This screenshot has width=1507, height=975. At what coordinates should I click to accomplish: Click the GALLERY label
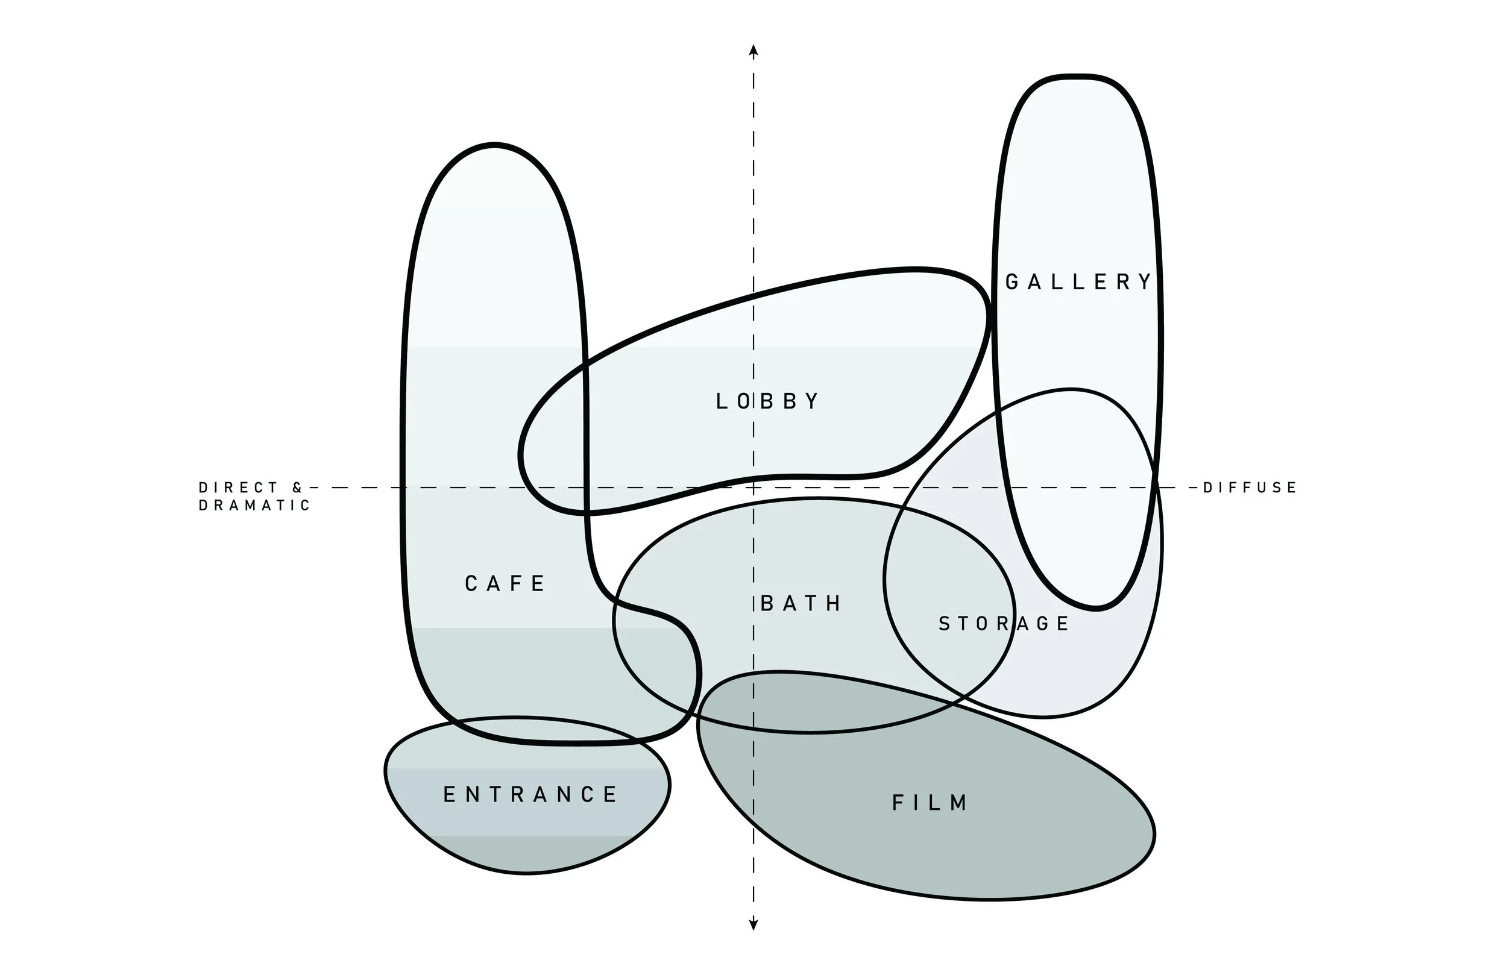click(1078, 282)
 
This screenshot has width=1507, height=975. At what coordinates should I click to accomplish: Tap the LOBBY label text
click(767, 401)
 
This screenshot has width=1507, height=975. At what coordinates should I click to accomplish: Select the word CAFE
click(505, 584)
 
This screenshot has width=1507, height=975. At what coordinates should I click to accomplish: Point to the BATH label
click(801, 603)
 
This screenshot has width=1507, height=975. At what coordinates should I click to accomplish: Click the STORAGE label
click(1004, 624)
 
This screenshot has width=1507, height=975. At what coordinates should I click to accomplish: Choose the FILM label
click(930, 803)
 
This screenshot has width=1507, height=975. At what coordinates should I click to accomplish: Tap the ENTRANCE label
click(530, 795)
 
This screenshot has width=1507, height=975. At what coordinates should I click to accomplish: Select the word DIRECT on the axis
click(239, 487)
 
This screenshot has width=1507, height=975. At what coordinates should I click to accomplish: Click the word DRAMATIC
click(254, 505)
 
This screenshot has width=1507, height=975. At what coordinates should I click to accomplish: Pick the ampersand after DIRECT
click(298, 487)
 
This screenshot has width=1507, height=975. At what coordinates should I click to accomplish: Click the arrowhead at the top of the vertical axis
click(753, 51)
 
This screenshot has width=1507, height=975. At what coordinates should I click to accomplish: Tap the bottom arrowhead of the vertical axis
click(753, 925)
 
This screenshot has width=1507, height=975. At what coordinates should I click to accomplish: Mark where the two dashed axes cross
click(753, 487)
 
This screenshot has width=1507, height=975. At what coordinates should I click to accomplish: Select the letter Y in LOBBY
click(813, 401)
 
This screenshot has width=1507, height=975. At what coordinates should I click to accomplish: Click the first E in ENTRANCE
click(449, 795)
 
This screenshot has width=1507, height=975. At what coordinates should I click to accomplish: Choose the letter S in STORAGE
click(944, 624)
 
